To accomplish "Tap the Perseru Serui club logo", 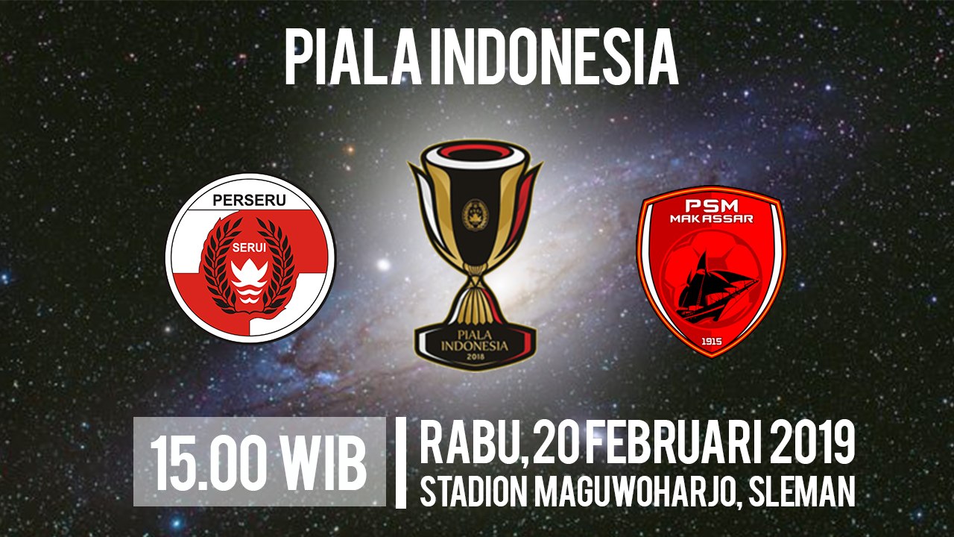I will [250, 257].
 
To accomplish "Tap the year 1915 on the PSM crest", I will [711, 341].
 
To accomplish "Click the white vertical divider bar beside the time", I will [400, 463].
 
